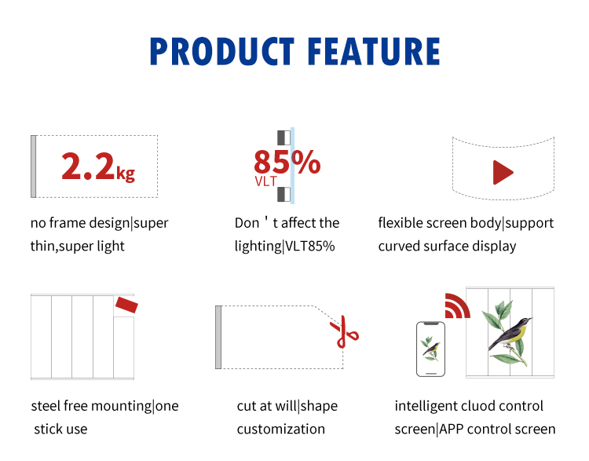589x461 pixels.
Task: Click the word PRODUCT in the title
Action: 222,51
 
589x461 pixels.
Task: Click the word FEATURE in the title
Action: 374,51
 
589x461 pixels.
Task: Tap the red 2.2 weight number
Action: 87,166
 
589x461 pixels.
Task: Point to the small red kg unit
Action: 126,174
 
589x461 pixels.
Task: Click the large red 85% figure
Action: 287,162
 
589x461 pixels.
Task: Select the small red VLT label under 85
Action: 265,181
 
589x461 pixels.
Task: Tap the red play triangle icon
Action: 503,173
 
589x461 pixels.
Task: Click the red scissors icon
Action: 345,331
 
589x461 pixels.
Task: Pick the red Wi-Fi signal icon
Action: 457,306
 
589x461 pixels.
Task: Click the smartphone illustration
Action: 431,349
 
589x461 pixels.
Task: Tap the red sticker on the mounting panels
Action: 126,305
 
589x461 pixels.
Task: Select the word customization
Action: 281,429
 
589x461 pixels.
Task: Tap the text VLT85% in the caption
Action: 310,246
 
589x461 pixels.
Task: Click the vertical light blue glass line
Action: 292,166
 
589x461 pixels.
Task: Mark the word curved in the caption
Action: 399,246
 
